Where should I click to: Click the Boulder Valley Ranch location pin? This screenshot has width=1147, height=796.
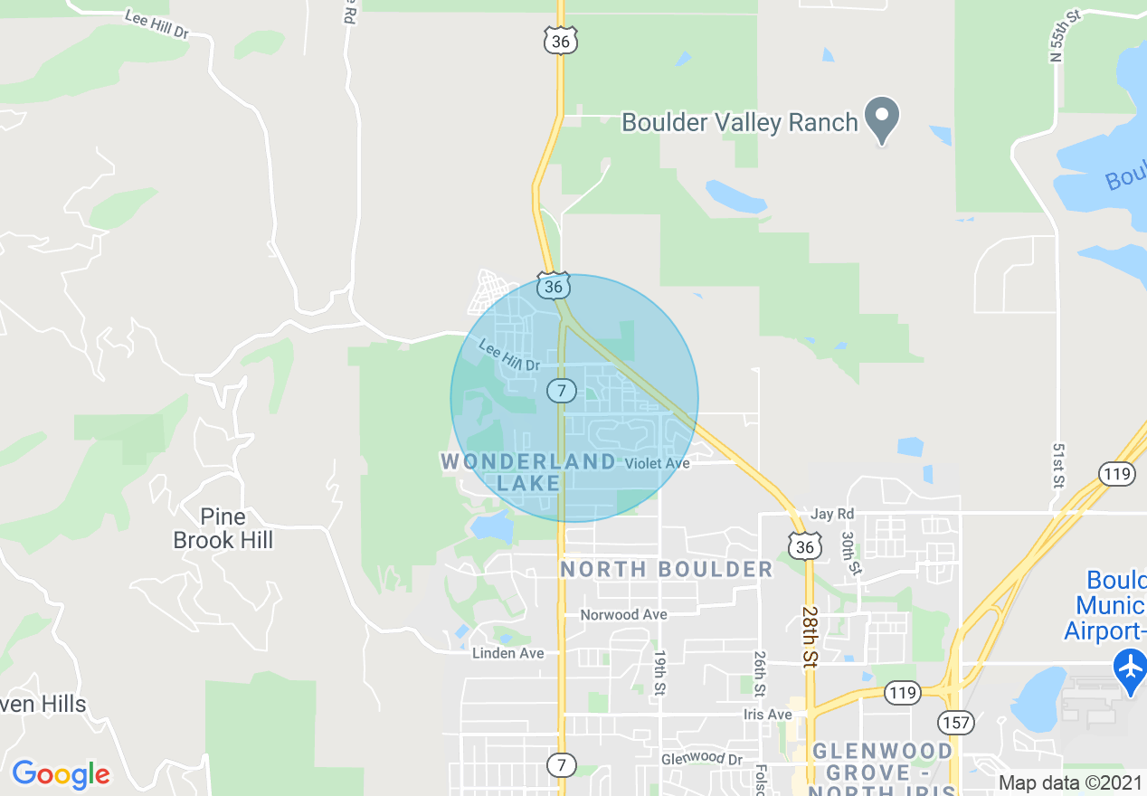882,118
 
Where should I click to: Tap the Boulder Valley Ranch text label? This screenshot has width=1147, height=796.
739,122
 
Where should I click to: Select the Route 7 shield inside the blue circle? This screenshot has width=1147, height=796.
562,391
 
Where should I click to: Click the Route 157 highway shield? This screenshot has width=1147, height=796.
954,721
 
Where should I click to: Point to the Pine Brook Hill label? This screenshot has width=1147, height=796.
223,528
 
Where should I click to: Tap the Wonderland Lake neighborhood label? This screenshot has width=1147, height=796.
528,472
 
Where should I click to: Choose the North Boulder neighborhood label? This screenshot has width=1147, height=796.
667,569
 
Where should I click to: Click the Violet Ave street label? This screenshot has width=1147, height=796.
658,463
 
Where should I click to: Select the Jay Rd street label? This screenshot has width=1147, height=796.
832,514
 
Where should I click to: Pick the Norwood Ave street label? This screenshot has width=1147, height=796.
623,615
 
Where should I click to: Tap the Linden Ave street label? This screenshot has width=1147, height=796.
507,653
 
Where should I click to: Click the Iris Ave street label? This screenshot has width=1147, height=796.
767,715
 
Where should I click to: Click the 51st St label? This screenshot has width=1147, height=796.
1057,464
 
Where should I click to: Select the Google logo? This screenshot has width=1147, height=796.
62,774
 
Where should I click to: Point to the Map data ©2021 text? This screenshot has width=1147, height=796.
1070,782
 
